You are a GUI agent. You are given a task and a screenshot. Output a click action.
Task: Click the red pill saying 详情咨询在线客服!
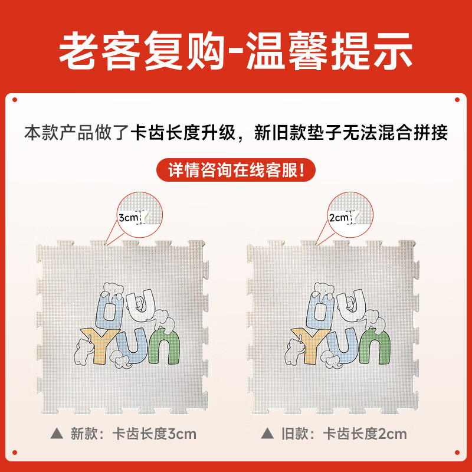235,170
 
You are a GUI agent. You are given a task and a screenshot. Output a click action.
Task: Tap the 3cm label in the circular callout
128,217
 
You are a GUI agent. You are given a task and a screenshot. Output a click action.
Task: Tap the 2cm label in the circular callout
339,217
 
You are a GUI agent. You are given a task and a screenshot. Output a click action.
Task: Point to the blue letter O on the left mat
110,311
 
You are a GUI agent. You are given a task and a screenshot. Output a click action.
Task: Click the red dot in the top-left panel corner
15,100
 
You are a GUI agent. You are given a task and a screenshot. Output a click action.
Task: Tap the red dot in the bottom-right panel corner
457,453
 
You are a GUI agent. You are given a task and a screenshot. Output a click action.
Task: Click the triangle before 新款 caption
57,434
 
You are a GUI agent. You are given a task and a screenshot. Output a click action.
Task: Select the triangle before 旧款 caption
267,434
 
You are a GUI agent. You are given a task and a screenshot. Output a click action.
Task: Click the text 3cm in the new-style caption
182,434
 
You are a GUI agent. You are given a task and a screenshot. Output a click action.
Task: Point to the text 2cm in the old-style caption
392,434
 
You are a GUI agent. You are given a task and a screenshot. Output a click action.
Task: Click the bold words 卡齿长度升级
183,132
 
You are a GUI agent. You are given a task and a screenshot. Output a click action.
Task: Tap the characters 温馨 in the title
287,50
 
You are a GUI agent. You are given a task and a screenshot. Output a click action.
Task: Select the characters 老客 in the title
100,50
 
